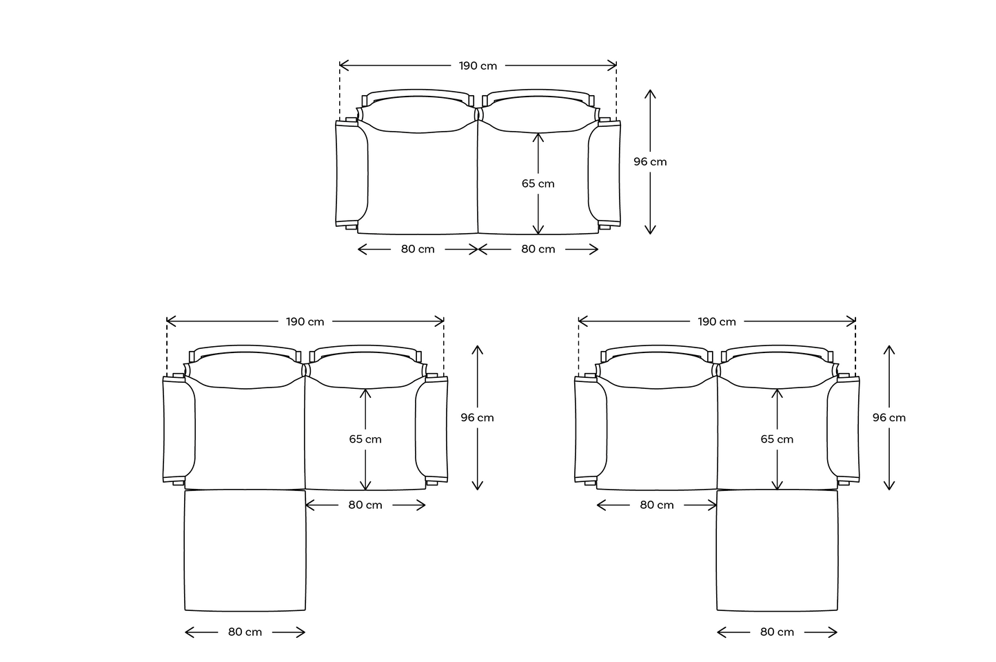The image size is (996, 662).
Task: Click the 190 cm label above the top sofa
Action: click(x=478, y=66)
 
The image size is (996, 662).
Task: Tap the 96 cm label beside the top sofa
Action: click(x=650, y=161)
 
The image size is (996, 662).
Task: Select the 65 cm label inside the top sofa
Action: click(x=538, y=183)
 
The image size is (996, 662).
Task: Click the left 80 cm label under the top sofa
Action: click(x=418, y=249)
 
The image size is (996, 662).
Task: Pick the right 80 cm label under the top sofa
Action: click(x=538, y=249)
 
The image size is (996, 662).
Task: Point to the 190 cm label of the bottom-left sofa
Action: click(x=305, y=321)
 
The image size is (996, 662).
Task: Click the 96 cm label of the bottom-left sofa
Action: click(x=477, y=417)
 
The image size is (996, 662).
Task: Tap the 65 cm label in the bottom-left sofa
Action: click(x=365, y=439)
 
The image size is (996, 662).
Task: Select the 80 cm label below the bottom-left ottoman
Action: click(x=245, y=632)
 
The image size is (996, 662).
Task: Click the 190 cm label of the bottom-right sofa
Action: click(x=717, y=321)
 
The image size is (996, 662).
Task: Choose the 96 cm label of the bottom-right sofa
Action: click(x=888, y=417)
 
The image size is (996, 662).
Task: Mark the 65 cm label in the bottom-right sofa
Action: click(x=777, y=439)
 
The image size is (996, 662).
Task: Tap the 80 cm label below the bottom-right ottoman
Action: click(x=777, y=632)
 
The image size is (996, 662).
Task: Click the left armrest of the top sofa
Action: click(x=352, y=174)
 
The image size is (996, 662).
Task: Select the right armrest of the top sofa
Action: click(x=604, y=174)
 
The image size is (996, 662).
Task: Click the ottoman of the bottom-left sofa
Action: click(x=245, y=550)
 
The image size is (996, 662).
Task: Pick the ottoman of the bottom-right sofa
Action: click(x=777, y=550)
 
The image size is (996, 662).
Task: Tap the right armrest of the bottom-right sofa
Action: click(x=844, y=430)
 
